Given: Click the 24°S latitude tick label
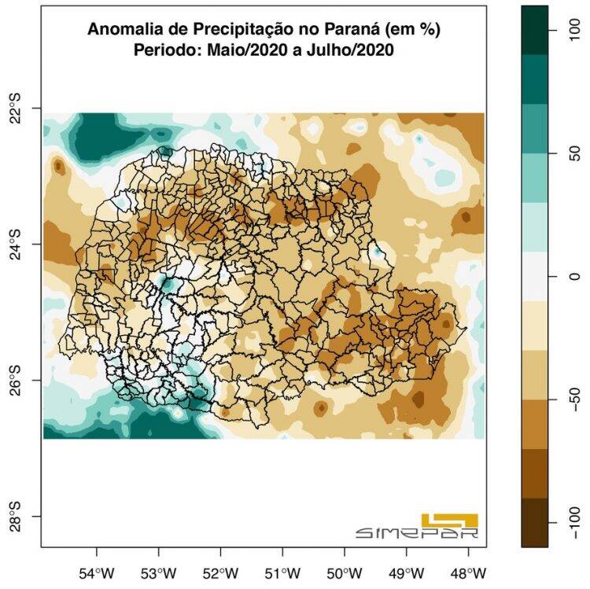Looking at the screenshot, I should coord(16,244).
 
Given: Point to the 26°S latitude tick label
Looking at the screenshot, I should coord(16,380).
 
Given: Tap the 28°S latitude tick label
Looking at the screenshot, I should coord(16,516).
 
